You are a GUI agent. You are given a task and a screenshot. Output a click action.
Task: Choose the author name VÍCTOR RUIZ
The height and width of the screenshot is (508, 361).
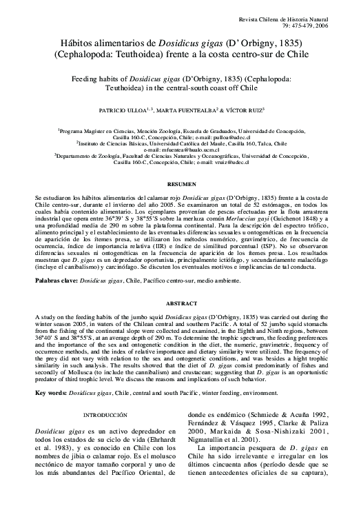pyautogui.click(x=247, y=110)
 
